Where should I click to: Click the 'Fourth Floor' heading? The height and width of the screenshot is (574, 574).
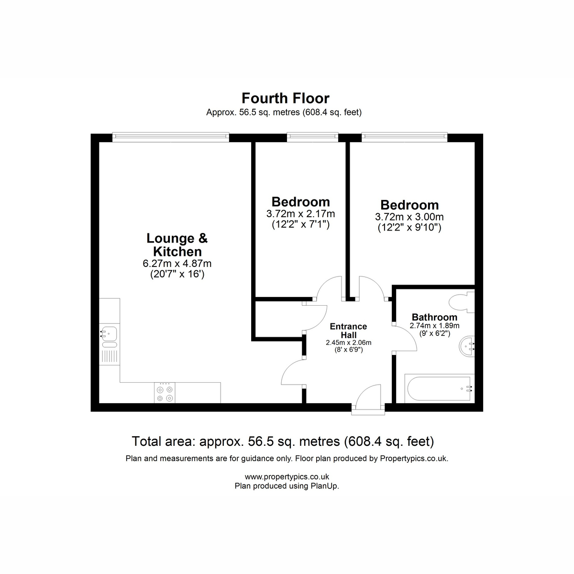(286, 98)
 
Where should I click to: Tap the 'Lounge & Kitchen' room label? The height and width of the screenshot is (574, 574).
(177, 245)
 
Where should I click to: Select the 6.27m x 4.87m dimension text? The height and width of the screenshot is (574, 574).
(177, 263)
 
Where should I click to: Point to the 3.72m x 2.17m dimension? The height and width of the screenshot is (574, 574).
(300, 214)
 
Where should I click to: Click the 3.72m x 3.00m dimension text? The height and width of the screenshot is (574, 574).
(409, 217)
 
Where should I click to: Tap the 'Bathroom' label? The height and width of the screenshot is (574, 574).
(435, 317)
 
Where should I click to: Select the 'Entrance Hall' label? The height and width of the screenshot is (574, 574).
(349, 331)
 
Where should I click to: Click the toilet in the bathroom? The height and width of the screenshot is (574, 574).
(461, 302)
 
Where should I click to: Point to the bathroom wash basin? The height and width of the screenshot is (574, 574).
(466, 346)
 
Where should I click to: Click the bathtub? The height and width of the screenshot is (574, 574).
(439, 388)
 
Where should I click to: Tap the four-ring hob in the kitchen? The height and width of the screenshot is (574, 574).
(165, 393)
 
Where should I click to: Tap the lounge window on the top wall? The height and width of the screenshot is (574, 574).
(171, 137)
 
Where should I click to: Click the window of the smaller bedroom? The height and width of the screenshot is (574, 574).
(312, 137)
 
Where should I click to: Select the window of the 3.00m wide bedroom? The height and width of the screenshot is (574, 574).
(405, 137)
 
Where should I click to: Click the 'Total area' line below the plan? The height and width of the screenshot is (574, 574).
(283, 441)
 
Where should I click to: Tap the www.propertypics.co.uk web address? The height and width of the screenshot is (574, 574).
(287, 476)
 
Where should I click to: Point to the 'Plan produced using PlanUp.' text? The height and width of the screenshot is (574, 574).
(287, 486)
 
